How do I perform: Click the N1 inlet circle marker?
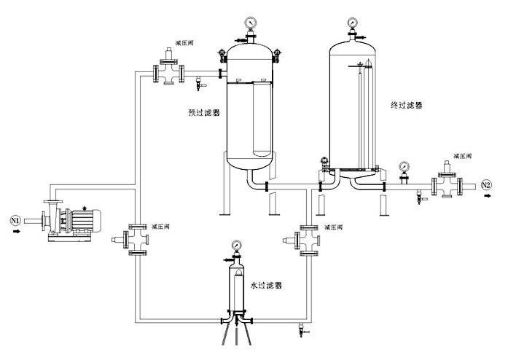coord(14,219)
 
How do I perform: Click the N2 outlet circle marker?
coord(487,185)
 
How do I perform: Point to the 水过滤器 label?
coord(265,286)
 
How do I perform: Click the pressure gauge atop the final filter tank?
coord(352,22)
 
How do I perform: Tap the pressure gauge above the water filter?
coord(236,245)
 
